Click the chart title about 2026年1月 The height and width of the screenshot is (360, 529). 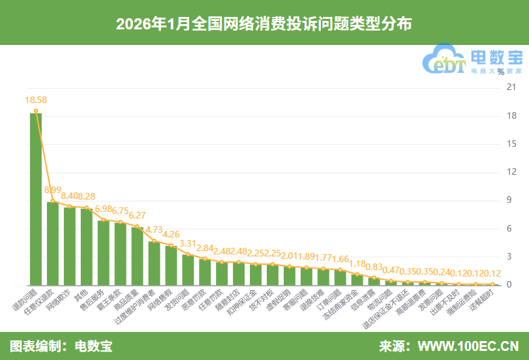[x=264, y=24]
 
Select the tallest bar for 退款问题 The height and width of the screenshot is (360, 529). [x=36, y=199]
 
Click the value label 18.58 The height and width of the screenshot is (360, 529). [x=36, y=100]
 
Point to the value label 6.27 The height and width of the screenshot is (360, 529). [x=137, y=215]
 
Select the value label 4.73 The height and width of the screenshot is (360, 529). [x=154, y=230]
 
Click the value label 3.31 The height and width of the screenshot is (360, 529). [x=188, y=243]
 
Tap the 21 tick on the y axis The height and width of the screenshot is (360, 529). [x=512, y=88]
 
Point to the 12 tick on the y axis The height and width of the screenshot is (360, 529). [x=512, y=172]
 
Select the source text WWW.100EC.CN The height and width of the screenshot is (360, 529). [x=468, y=346]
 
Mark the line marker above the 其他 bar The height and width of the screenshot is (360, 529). [x=87, y=207]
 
